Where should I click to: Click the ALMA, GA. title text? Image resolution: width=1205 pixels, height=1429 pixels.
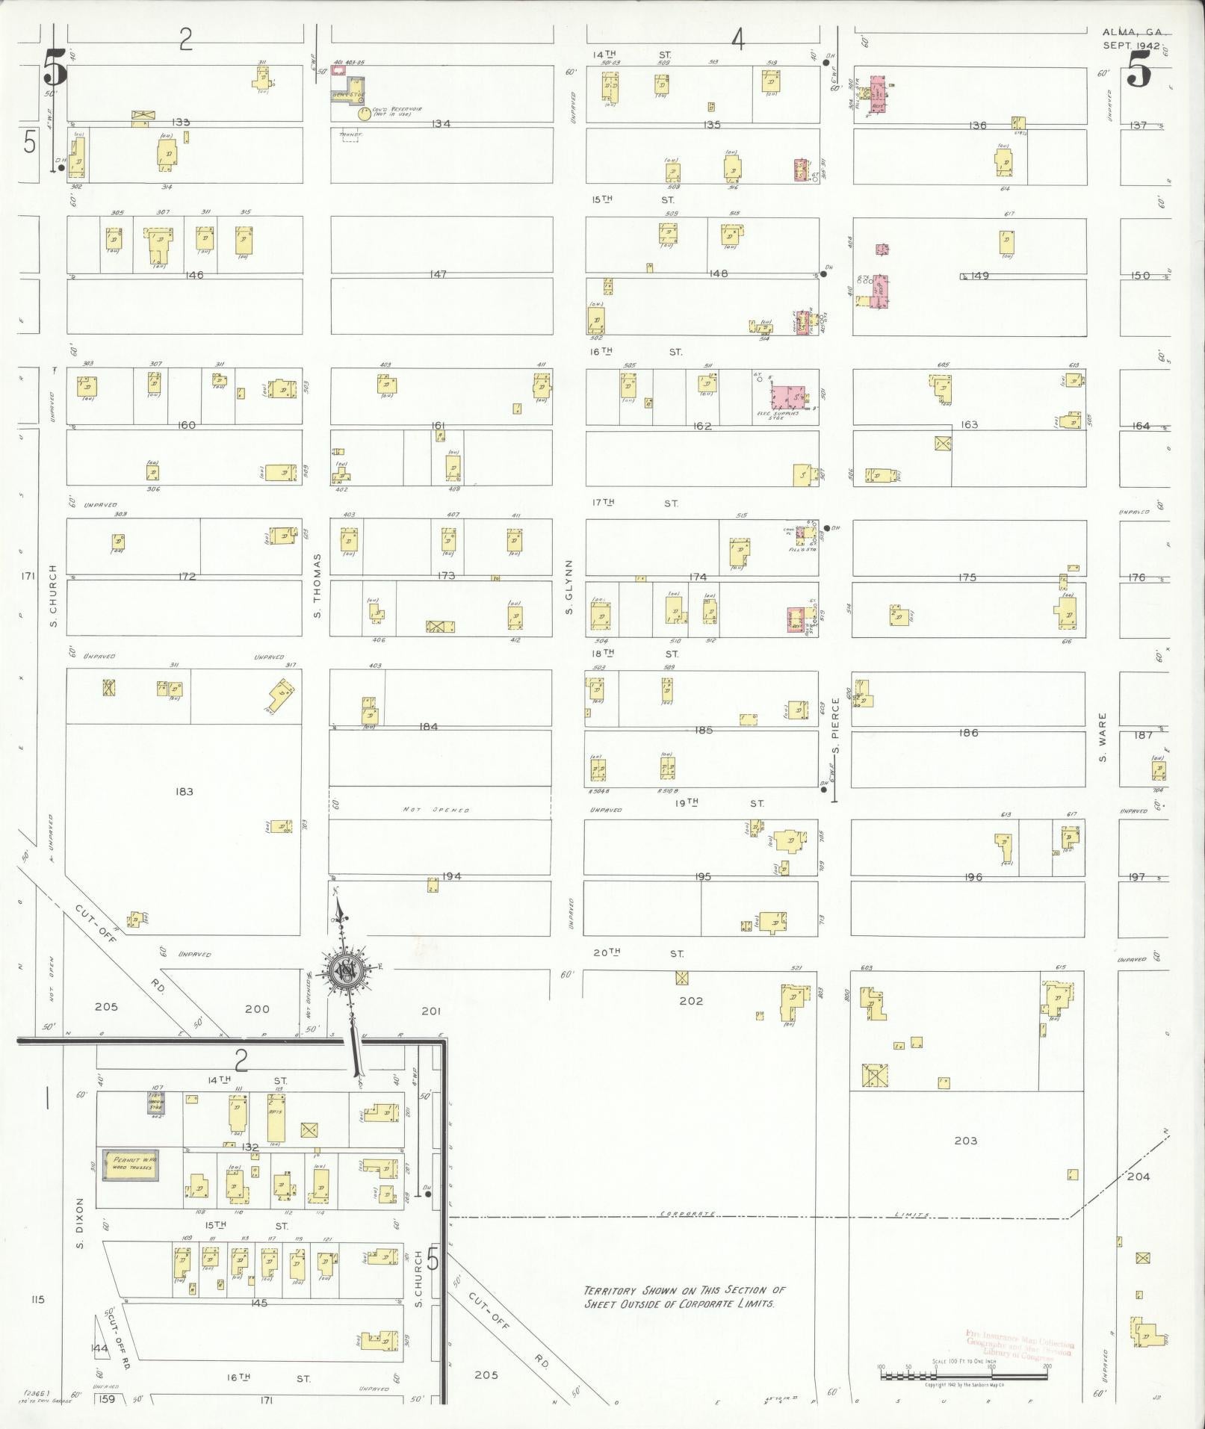tap(1133, 32)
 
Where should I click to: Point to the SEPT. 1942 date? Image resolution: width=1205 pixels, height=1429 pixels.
tap(1132, 46)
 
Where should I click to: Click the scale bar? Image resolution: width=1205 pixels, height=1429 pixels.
tap(964, 1373)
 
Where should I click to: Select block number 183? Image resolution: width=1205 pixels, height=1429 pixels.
tap(184, 792)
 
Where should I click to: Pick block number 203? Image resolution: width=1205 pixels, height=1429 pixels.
tap(966, 1141)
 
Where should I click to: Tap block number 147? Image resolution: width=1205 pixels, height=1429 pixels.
tap(439, 274)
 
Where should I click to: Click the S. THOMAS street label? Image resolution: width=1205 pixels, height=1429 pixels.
tap(317, 586)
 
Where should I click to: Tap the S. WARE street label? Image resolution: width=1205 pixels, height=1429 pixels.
tap(1102, 737)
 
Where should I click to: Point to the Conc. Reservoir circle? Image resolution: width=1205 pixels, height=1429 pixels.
tap(364, 114)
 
